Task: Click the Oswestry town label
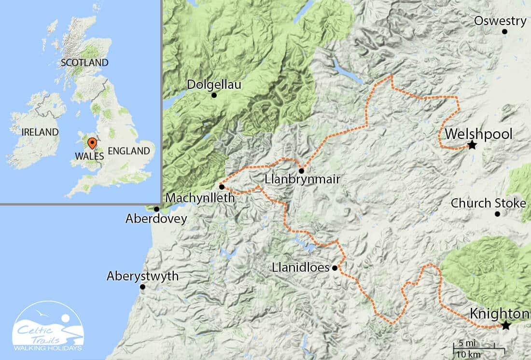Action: click(500, 21)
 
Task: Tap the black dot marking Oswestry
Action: click(504, 32)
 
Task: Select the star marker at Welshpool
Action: click(472, 145)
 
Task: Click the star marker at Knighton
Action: click(505, 326)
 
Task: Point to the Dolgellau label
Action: click(213, 85)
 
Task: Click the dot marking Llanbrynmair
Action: click(301, 171)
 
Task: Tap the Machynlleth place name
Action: click(199, 198)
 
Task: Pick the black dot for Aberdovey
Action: click(156, 209)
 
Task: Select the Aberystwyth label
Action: click(142, 277)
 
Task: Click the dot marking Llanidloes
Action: click(335, 267)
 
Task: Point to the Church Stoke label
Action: click(488, 203)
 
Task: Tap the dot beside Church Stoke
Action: click(497, 214)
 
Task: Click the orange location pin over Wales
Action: click(91, 143)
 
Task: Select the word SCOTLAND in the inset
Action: click(84, 63)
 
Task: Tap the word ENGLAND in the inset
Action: click(128, 151)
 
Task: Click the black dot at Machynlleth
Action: click(221, 186)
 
